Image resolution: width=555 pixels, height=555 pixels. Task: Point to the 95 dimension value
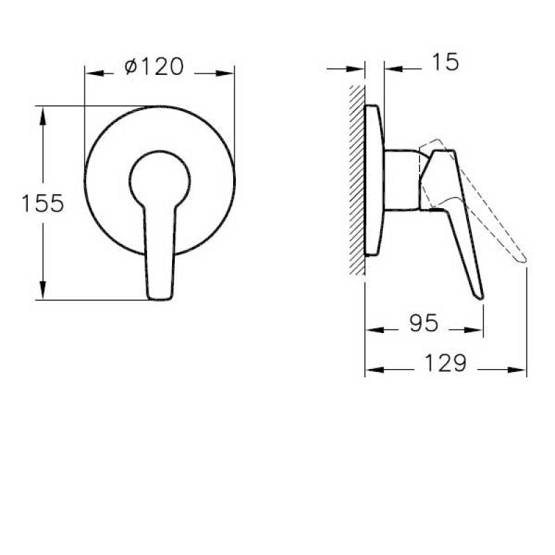(423, 323)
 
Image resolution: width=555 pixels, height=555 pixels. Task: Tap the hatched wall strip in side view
(357, 180)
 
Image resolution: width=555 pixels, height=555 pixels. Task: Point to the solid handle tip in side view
(479, 293)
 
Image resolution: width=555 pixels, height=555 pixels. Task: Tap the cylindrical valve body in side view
(401, 178)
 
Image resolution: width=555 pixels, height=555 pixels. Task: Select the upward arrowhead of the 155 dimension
(44, 113)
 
